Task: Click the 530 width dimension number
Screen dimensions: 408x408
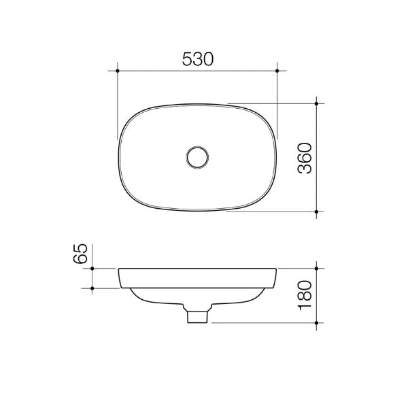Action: (197, 59)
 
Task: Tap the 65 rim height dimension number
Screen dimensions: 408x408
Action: (80, 256)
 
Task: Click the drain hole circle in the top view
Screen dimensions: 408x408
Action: (198, 157)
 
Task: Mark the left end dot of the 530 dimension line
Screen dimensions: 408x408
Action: (118, 70)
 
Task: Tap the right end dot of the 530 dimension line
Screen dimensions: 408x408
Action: (278, 70)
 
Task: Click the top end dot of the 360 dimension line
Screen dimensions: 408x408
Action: (318, 103)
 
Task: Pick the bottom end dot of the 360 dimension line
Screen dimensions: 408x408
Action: (318, 211)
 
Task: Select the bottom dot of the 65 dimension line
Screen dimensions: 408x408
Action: (92, 288)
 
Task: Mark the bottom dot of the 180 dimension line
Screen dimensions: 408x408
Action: (318, 322)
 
